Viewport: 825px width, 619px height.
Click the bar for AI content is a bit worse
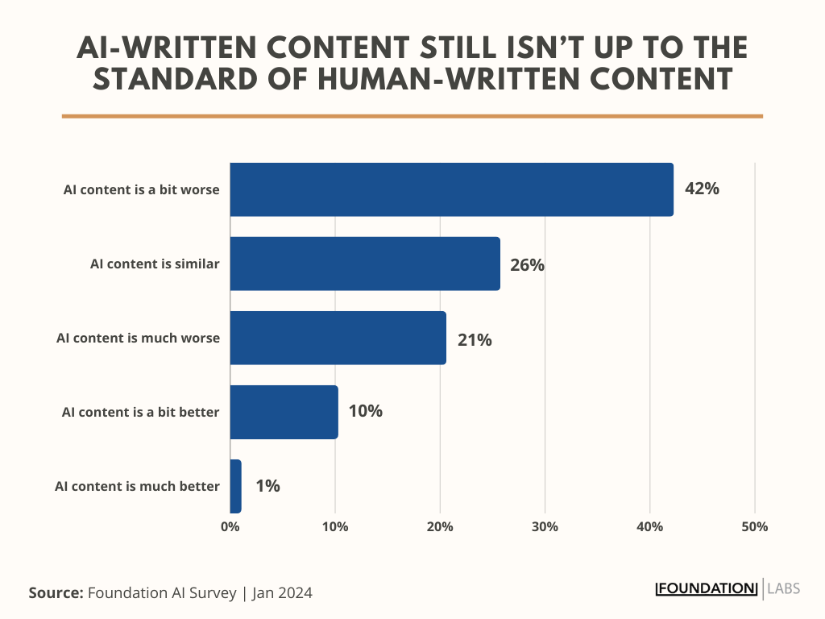pos(451,189)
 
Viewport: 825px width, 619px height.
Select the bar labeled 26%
pos(364,264)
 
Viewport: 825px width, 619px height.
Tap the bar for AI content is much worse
pos(338,339)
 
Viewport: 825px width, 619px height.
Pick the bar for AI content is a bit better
pos(284,412)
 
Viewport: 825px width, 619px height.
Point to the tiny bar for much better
pos(235,486)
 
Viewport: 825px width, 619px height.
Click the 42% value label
pos(701,189)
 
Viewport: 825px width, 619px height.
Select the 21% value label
pos(474,340)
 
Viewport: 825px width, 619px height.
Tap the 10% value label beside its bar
pos(365,411)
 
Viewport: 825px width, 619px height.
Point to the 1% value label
pos(267,486)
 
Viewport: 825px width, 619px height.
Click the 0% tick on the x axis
pos(230,527)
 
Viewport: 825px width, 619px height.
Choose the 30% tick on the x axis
pos(545,527)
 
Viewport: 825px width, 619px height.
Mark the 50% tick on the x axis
pos(755,527)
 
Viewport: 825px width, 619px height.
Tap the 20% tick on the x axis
pos(440,527)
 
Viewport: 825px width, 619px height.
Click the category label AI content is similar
pos(155,264)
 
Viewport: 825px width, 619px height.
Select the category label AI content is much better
pos(137,486)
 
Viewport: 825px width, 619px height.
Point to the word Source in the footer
pos(56,593)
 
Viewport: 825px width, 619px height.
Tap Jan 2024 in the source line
pos(282,593)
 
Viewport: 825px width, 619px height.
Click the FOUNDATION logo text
pos(707,588)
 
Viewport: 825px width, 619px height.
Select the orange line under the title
pos(412,116)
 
